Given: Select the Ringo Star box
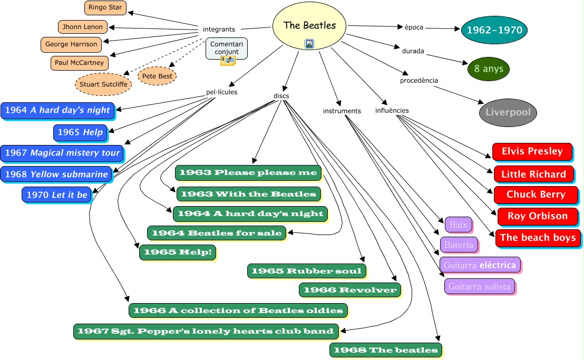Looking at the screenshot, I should click(x=105, y=8).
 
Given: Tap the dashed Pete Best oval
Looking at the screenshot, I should click(x=157, y=76).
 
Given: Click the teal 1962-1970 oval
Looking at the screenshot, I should click(x=494, y=30).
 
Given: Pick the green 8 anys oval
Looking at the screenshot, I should click(x=489, y=69).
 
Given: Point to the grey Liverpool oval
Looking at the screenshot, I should click(x=508, y=112).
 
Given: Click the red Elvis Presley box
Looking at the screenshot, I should click(x=532, y=152).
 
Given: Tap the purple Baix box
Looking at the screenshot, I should click(x=458, y=225).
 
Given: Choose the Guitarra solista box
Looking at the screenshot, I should click(x=478, y=287).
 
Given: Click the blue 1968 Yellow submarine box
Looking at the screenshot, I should click(x=56, y=174).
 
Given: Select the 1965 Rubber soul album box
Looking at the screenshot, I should click(x=306, y=271).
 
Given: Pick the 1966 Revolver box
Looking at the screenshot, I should click(x=349, y=290).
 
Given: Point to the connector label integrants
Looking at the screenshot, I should click(x=219, y=29).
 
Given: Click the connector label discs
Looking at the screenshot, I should click(x=281, y=96).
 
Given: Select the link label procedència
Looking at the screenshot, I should click(x=419, y=81).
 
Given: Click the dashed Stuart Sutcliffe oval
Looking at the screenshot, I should click(x=103, y=84).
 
